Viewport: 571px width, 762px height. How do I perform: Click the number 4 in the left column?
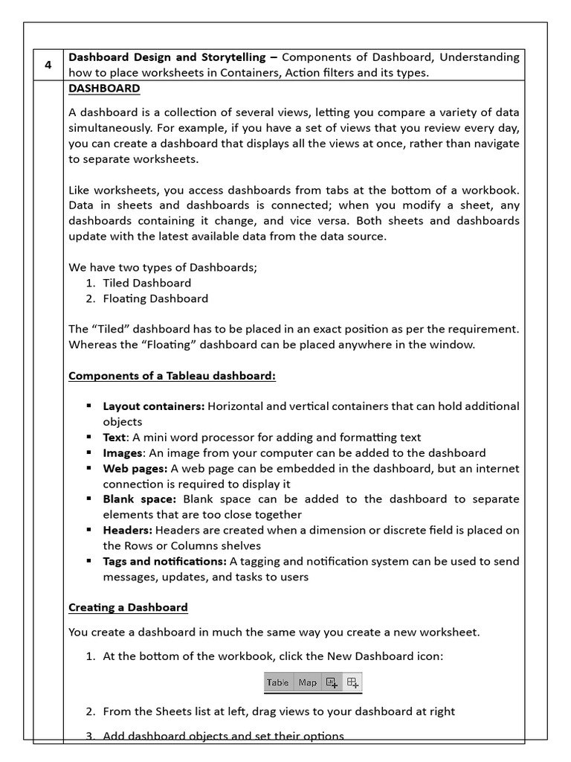click(x=48, y=65)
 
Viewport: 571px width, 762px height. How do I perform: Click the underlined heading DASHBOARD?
click(x=104, y=89)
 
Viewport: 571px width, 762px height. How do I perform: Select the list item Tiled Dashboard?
click(x=146, y=283)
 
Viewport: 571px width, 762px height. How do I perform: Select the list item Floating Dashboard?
click(x=155, y=298)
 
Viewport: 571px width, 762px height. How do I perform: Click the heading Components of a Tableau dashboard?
click(x=172, y=376)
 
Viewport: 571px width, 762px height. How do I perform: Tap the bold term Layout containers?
click(x=154, y=406)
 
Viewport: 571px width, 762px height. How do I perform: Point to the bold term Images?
click(x=122, y=452)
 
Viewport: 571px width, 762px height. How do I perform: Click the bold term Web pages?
click(x=135, y=468)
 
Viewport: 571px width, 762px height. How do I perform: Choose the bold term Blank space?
click(x=139, y=499)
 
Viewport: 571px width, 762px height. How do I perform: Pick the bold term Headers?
click(x=128, y=530)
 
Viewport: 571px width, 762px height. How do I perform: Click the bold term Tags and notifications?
click(x=164, y=561)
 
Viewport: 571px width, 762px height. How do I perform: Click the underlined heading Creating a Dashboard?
click(x=128, y=607)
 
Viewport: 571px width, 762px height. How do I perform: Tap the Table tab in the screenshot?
click(x=278, y=682)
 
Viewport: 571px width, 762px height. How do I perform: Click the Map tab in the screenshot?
click(x=308, y=682)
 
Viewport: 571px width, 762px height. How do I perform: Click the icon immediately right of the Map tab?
click(x=332, y=682)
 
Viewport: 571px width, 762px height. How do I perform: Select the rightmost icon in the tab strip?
click(x=352, y=682)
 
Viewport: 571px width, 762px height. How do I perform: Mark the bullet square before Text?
click(x=88, y=437)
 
